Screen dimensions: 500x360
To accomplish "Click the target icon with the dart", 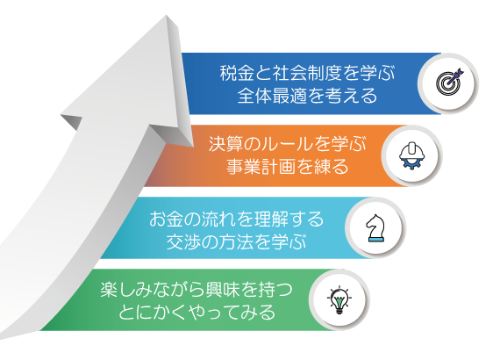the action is [x=450, y=82].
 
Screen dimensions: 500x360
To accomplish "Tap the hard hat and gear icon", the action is [x=412, y=155].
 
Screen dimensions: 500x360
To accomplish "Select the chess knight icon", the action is [x=375, y=228].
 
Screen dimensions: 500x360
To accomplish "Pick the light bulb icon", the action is [x=339, y=300].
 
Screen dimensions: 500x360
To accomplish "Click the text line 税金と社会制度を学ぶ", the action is [x=307, y=73].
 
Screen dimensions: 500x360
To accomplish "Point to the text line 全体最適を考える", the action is [x=307, y=96].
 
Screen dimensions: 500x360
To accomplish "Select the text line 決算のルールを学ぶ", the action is [x=288, y=144].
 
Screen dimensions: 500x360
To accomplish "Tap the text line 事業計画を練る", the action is [x=288, y=167].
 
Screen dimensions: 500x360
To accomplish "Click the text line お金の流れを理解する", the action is [x=236, y=219].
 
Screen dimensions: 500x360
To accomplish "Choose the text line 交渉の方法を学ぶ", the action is [x=236, y=241].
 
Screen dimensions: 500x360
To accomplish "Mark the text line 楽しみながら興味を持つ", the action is [x=196, y=290].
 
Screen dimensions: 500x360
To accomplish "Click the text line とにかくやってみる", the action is [x=196, y=313].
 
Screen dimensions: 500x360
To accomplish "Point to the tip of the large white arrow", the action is [x=166, y=15].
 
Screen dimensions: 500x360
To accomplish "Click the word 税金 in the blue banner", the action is [x=237, y=73].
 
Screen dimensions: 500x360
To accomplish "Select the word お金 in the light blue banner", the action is [x=166, y=219].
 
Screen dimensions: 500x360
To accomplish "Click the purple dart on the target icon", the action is [x=456, y=76].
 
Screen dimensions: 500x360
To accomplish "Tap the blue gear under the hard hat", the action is [x=412, y=165].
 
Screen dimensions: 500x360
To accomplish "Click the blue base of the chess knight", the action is [x=376, y=240].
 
